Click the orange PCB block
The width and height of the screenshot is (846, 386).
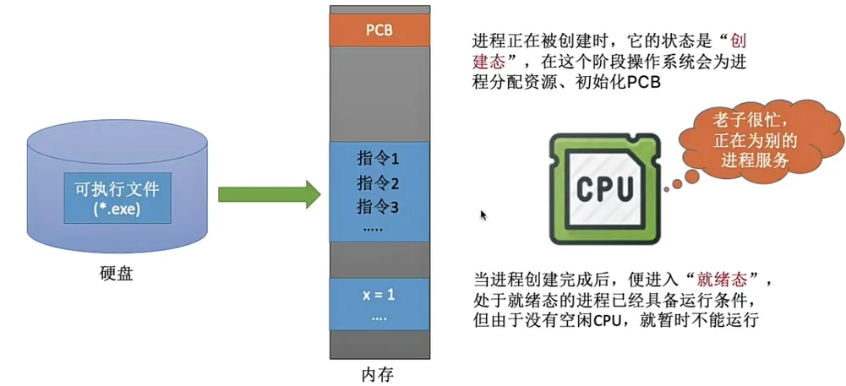(x=379, y=31)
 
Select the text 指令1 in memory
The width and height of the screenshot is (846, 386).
(x=378, y=159)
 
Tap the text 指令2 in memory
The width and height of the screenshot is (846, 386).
(x=378, y=182)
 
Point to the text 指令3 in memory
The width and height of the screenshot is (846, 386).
(x=378, y=205)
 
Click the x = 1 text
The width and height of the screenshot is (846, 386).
(x=378, y=296)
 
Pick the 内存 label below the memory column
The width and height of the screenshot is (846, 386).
(x=378, y=372)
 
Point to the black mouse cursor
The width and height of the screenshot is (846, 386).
(x=483, y=215)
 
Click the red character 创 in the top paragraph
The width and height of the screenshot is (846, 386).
(x=740, y=41)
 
